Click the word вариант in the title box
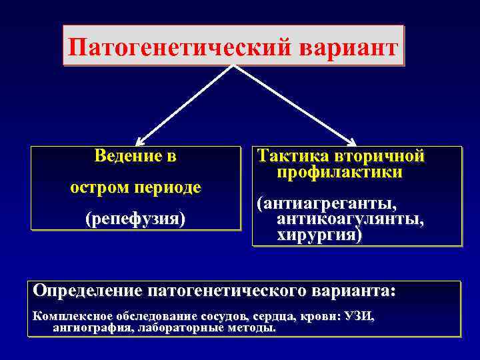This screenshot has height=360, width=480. [349, 47]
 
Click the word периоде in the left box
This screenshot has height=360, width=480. [170, 188]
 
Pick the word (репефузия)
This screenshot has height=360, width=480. [135, 219]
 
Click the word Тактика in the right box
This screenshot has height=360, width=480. [293, 157]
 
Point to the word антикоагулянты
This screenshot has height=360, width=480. [345, 219]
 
